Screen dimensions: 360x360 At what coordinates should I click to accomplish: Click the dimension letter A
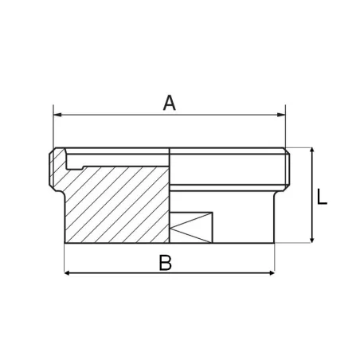tap(169, 103)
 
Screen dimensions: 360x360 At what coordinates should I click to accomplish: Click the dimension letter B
tap(165, 263)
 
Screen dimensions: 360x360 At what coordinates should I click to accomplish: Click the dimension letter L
tap(322, 197)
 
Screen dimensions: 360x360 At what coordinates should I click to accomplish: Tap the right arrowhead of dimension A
tap(280, 116)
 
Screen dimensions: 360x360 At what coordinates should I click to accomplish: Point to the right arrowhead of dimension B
tap(271, 273)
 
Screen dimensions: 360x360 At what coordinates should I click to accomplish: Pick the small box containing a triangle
tap(192, 227)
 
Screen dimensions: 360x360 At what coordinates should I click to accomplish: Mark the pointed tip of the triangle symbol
tap(174, 227)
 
